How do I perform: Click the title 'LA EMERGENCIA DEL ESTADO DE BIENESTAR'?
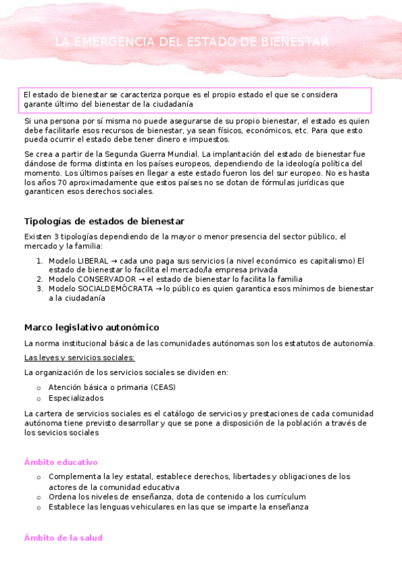[192, 42]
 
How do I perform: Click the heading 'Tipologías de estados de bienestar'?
[104, 221]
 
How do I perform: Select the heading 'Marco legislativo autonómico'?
[91, 327]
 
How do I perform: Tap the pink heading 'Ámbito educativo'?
[61, 462]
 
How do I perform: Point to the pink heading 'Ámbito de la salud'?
[63, 538]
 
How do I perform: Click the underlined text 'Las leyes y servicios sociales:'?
[79, 358]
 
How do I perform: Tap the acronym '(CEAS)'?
[163, 387]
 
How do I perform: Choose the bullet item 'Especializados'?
[74, 398]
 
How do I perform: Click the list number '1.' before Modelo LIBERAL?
[40, 261]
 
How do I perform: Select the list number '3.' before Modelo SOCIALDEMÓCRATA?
[40, 289]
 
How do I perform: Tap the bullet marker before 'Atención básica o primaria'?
[39, 388]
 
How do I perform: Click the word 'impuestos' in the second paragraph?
[208, 140]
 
